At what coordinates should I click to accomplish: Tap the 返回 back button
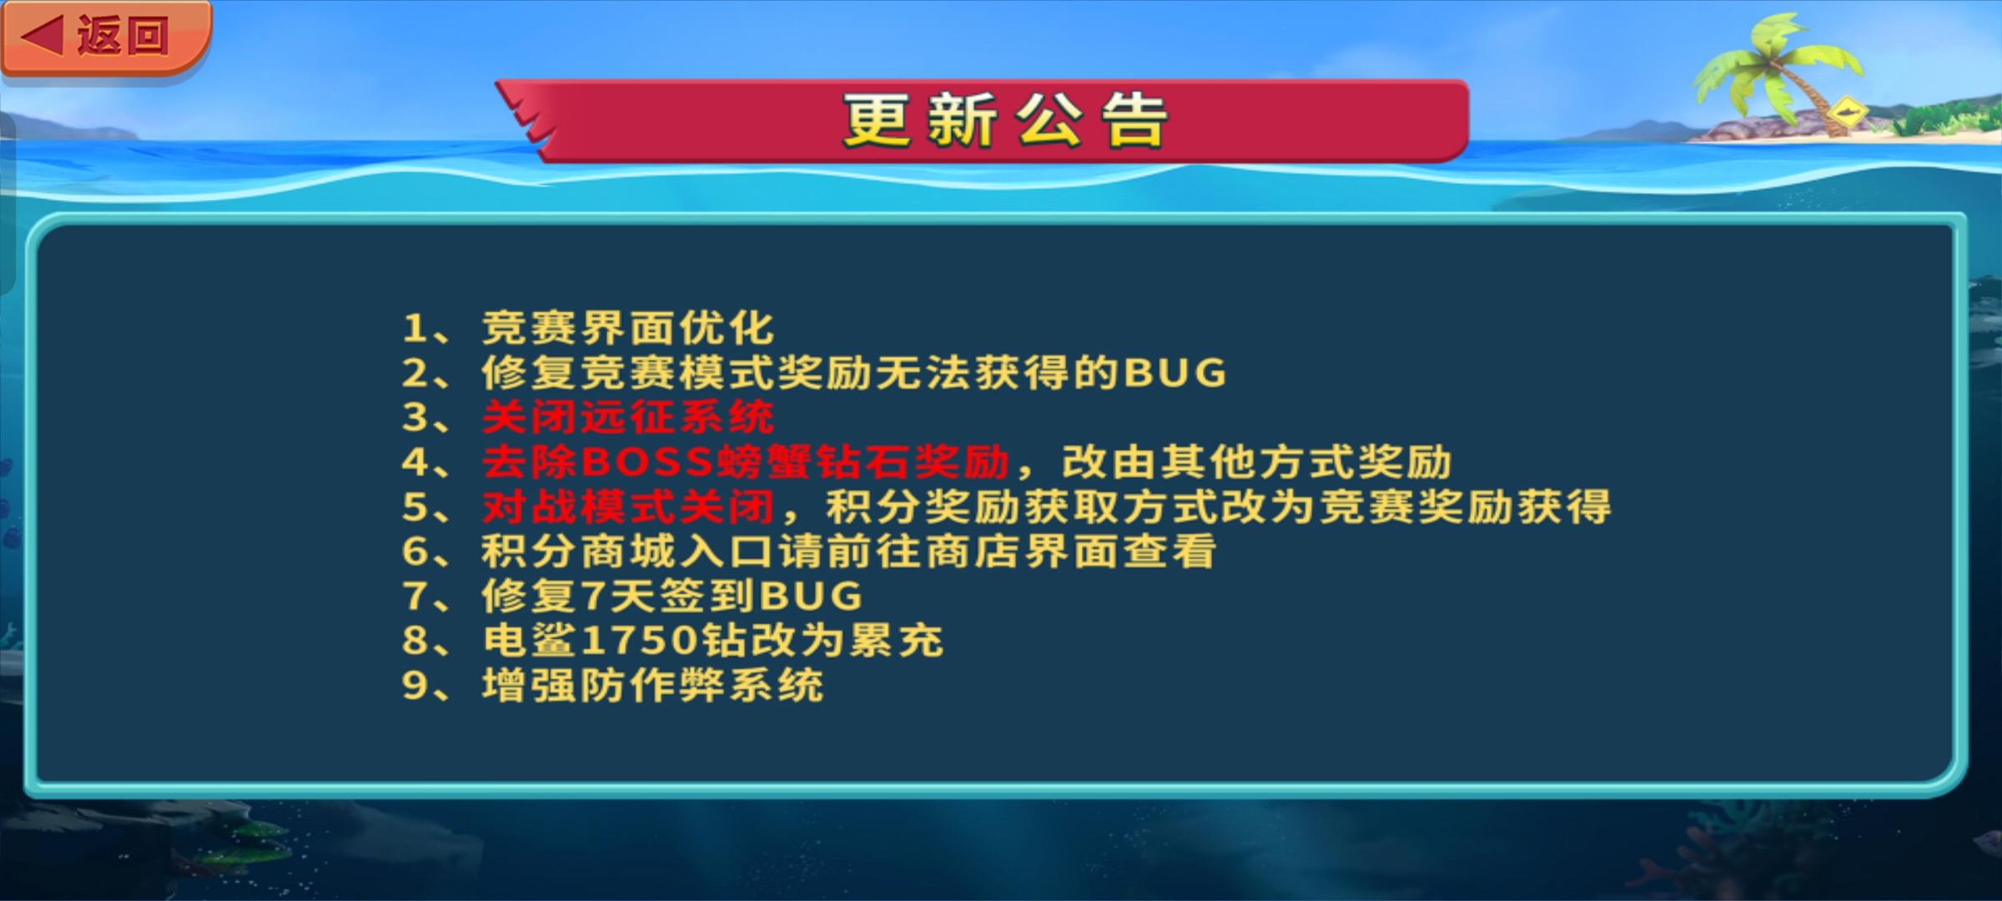click(106, 38)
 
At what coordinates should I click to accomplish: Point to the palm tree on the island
click(1781, 71)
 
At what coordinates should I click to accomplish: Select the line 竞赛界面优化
click(628, 328)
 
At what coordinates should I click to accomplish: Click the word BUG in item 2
click(1175, 373)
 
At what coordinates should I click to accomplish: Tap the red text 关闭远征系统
click(628, 417)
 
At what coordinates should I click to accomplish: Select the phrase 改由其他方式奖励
click(1256, 462)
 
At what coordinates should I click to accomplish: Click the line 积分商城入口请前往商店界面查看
click(848, 551)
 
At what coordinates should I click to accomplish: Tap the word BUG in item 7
click(811, 596)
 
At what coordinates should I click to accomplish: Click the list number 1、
click(426, 329)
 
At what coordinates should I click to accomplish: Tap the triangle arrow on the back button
click(42, 37)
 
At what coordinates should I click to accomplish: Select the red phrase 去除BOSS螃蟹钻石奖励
click(746, 462)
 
